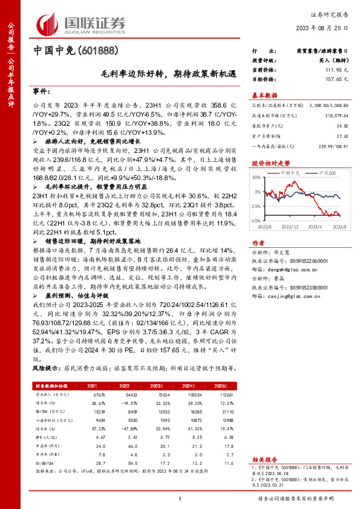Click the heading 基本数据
[x=265, y=95]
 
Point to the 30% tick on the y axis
[x=257, y=178]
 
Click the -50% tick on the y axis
[x=257, y=221]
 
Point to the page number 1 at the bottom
[x=180, y=498]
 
